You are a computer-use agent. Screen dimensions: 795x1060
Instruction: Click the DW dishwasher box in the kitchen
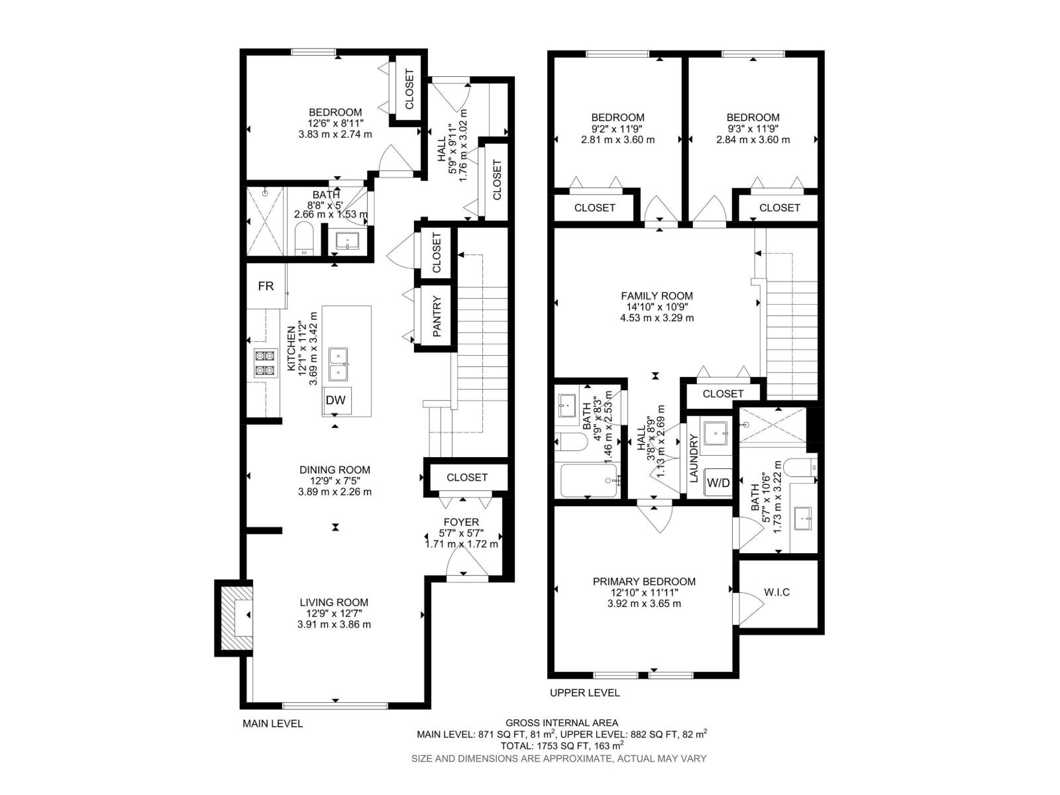[x=337, y=400]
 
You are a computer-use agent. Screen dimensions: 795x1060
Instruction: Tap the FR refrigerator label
[x=266, y=286]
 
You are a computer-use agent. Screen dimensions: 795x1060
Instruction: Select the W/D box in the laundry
[x=718, y=483]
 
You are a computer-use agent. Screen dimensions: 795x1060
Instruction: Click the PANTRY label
[x=437, y=316]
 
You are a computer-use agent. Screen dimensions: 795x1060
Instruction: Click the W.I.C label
[x=776, y=592]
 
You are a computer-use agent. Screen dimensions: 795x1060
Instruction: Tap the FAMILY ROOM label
[x=657, y=296]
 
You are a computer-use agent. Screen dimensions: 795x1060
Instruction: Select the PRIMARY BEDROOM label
[x=644, y=582]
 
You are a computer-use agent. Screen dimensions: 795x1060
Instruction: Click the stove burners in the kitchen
[x=265, y=363]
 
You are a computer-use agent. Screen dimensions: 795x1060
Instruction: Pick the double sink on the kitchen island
[x=342, y=364]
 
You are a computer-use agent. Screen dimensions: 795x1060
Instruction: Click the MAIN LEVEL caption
[x=272, y=723]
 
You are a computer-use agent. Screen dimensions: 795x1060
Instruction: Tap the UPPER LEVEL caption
[x=584, y=693]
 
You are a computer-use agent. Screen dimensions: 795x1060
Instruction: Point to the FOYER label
[x=461, y=522]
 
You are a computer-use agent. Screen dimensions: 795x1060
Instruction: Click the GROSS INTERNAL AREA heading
[x=562, y=723]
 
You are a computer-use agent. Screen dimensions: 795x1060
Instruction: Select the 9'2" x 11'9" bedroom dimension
[x=617, y=129]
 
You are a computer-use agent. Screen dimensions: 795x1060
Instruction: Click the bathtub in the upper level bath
[x=589, y=481]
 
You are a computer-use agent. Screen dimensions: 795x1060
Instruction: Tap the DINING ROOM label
[x=335, y=470]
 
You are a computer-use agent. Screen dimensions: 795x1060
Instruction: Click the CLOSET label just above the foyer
[x=467, y=477]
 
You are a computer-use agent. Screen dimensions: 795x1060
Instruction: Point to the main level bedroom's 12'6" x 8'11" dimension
[x=335, y=123]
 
